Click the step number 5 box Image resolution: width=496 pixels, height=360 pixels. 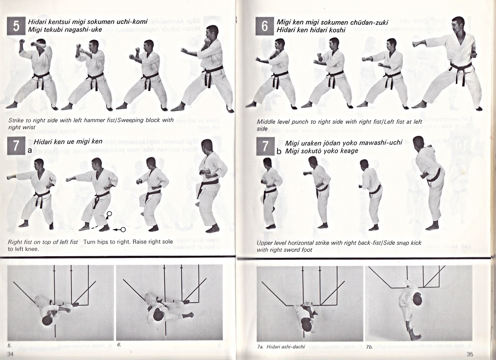[16, 26]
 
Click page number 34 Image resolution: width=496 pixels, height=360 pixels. [10, 354]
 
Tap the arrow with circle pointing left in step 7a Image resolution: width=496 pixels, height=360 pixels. [119, 229]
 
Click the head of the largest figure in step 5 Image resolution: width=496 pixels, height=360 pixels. [212, 32]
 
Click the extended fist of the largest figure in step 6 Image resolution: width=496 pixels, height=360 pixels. [417, 44]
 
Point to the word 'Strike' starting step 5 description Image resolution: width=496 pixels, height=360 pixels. [17, 120]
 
